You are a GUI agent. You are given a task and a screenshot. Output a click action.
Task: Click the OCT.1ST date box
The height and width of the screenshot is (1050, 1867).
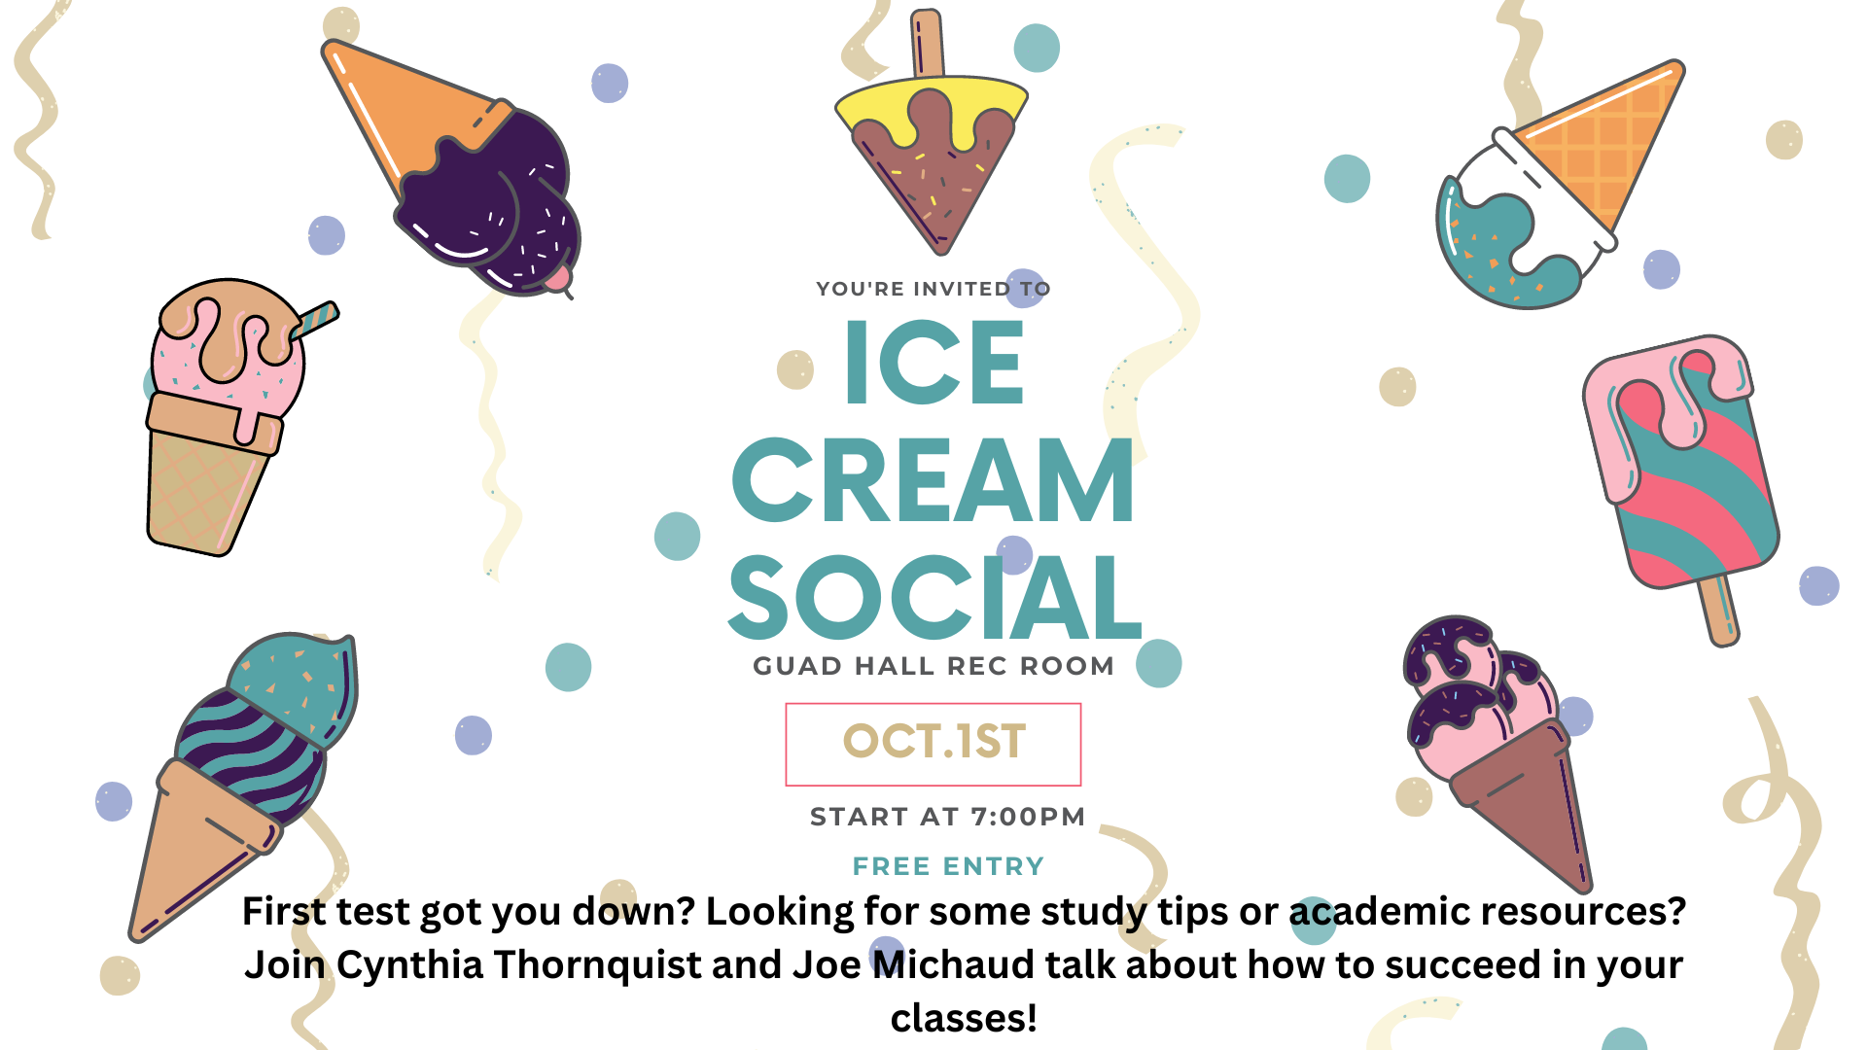pyautogui.click(x=933, y=744)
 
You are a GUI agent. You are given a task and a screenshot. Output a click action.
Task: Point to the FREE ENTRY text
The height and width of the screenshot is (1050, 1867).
pyautogui.click(x=948, y=866)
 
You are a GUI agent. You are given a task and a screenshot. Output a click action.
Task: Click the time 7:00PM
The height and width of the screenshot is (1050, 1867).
pyautogui.click(x=1028, y=817)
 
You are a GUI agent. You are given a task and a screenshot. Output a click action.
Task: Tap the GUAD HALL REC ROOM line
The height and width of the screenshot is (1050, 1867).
pyautogui.click(x=933, y=666)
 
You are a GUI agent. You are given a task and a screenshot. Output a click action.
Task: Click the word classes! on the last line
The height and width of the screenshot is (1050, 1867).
pyautogui.click(x=964, y=1018)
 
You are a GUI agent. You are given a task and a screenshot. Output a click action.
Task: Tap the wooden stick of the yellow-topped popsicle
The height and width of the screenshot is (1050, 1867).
pyautogui.click(x=928, y=44)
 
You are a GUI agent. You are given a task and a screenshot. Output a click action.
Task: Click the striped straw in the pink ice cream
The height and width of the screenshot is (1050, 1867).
pyautogui.click(x=313, y=321)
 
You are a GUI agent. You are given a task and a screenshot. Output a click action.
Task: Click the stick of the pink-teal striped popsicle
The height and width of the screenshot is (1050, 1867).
pyautogui.click(x=1719, y=611)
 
